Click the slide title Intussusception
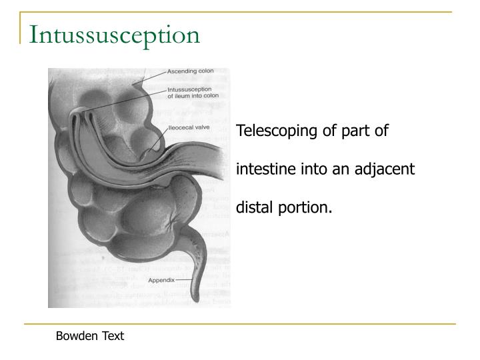(114, 35)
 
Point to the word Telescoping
(278, 131)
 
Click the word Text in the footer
(113, 336)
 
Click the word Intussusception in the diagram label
(190, 89)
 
